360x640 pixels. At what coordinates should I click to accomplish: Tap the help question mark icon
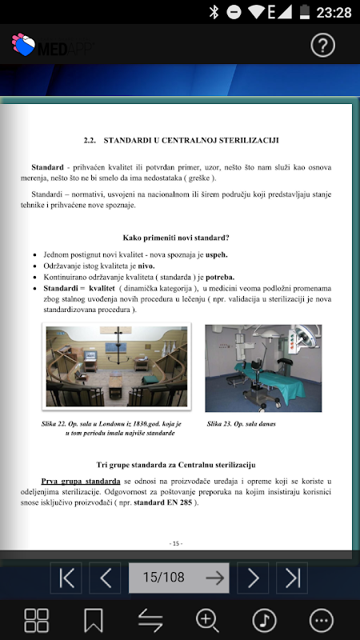click(x=323, y=46)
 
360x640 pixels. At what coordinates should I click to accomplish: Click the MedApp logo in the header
click(x=53, y=45)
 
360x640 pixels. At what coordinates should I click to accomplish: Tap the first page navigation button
click(x=66, y=578)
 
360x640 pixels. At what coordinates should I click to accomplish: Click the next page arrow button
click(x=253, y=578)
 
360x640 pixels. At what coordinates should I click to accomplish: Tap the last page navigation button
click(x=292, y=578)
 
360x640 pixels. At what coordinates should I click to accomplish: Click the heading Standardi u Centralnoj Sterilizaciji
click(x=182, y=141)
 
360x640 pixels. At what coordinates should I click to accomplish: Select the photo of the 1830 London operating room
click(x=117, y=366)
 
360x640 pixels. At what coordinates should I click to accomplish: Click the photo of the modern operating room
click(x=263, y=368)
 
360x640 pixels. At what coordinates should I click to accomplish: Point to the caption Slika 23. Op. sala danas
click(x=242, y=424)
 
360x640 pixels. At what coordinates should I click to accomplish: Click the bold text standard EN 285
click(x=163, y=502)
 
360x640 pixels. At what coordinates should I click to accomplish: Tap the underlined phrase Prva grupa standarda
click(x=81, y=481)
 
